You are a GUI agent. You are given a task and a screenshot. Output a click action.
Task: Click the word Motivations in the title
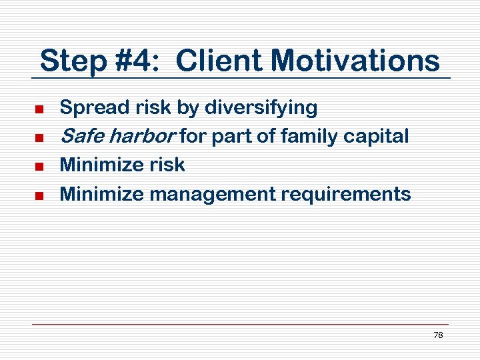click(355, 61)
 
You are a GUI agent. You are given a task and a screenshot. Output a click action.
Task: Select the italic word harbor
click(141, 136)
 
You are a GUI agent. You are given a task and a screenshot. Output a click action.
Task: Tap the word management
click(212, 194)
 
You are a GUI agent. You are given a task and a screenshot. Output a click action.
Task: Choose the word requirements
click(345, 194)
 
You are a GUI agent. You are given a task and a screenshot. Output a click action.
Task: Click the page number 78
click(438, 335)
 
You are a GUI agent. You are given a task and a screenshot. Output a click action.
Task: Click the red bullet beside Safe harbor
click(39, 138)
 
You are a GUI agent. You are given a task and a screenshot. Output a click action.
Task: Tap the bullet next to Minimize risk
click(39, 167)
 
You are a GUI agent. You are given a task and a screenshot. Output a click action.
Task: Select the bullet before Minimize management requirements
click(39, 195)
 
